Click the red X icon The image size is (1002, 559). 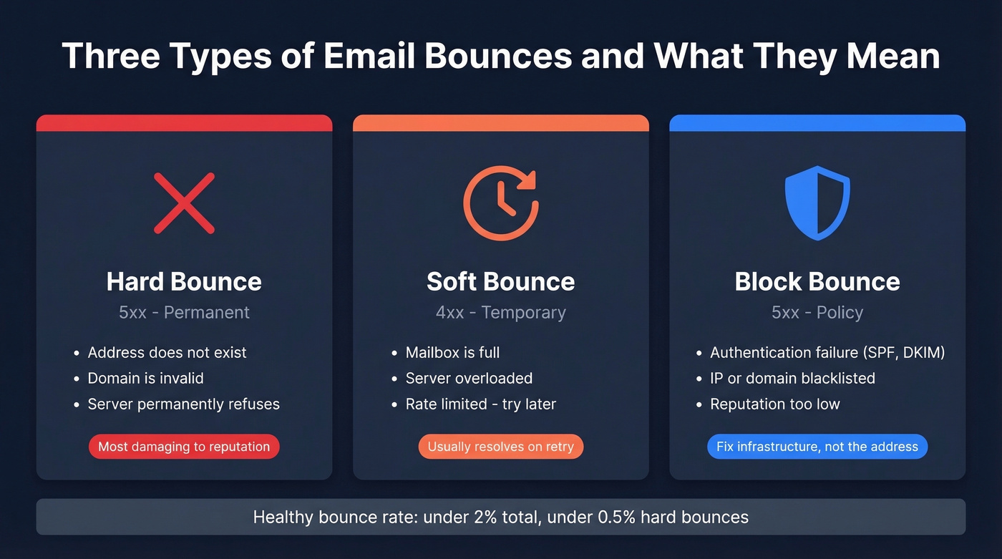[184, 203]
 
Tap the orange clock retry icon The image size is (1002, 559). [500, 203]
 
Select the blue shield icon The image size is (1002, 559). [817, 203]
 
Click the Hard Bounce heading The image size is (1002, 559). [184, 281]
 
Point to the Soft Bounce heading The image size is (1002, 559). [500, 281]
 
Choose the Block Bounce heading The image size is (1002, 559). [817, 281]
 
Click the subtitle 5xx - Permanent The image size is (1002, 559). [184, 313]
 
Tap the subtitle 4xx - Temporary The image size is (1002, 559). [500, 313]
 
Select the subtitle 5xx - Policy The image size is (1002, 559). [817, 313]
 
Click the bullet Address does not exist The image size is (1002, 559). [167, 353]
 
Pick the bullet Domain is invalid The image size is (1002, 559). [145, 379]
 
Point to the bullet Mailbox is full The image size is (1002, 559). [452, 353]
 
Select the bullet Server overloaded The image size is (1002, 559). [469, 379]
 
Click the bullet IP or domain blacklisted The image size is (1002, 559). [792, 379]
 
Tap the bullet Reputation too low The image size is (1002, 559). [774, 404]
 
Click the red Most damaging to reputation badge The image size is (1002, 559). [184, 447]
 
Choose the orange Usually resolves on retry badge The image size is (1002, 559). [500, 447]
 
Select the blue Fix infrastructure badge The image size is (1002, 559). [817, 447]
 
